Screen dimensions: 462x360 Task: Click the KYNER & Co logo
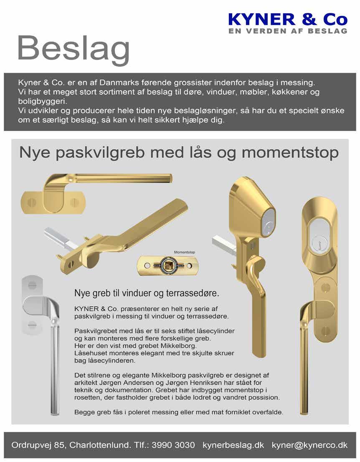288,20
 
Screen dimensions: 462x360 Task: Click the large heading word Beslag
73,49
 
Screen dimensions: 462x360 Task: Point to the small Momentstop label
184,252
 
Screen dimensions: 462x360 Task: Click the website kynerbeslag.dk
233,445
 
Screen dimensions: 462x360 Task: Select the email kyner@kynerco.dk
309,445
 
